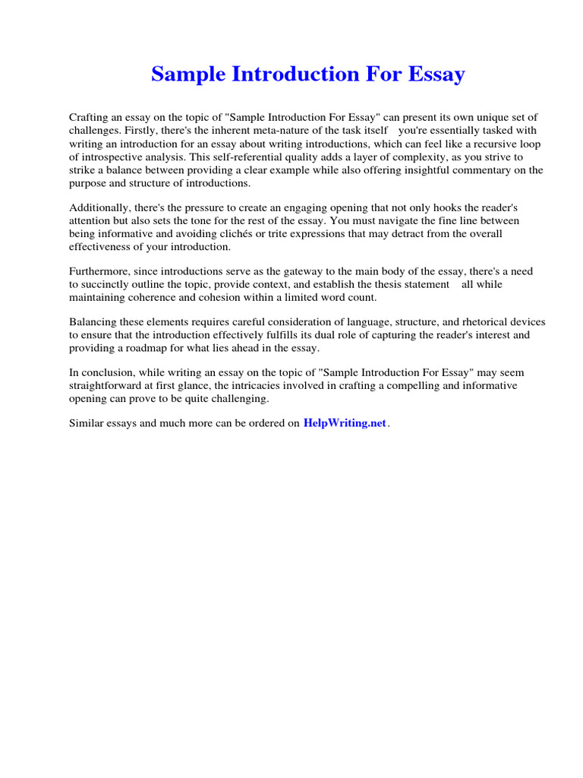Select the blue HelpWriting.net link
(x=345, y=424)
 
